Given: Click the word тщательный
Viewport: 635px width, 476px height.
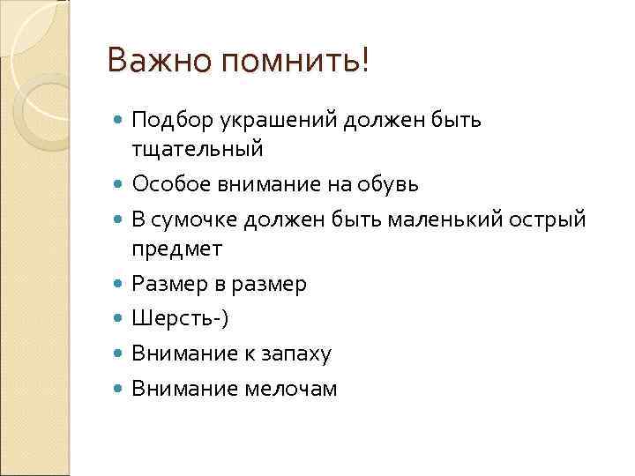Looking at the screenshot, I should point(197,150).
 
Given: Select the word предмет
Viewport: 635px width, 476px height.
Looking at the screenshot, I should point(176,249).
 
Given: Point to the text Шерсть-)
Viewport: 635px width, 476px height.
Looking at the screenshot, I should point(179,318).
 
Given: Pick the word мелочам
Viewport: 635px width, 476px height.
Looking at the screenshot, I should point(295,388).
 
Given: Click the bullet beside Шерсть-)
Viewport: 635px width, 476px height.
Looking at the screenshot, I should point(120,319).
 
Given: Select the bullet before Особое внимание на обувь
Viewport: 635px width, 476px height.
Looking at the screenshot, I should point(120,185).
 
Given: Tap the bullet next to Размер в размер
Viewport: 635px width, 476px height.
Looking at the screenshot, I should point(120,285).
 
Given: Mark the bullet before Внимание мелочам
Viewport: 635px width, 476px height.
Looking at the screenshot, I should point(120,389).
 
